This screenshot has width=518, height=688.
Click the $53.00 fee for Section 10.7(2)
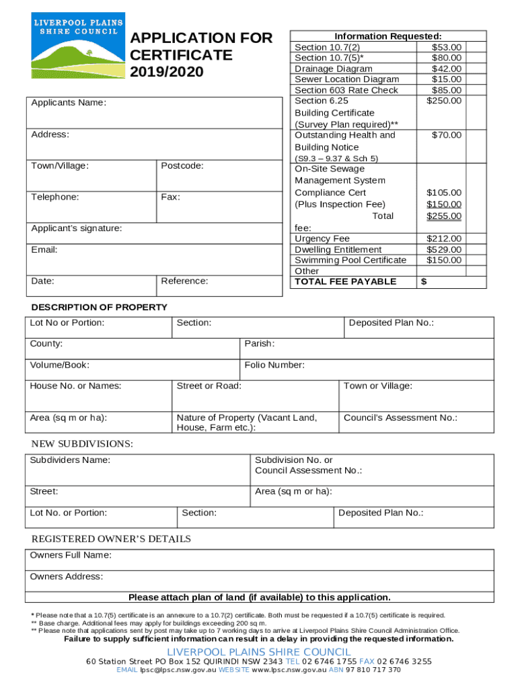pos(447,47)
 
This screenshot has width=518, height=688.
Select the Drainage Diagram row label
pos(333,69)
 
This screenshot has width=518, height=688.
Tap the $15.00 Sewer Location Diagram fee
pos(447,79)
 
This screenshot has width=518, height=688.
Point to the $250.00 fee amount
pos(444,101)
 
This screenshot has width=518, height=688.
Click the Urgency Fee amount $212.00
pos(444,239)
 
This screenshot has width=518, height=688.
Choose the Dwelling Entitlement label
pos(338,249)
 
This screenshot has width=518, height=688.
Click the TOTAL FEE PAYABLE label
pos(346,282)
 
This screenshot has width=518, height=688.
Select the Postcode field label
pos(182,165)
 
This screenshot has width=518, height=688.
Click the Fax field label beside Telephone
pos(170,198)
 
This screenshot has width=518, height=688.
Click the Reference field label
pos(184,281)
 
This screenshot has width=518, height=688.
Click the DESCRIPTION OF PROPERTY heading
pos(100,307)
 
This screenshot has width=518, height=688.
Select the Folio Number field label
pos(274,365)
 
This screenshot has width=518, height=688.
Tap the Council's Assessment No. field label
pos(400,418)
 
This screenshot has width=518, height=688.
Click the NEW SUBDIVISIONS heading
pos(82,444)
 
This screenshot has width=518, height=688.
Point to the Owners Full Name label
pos(71,555)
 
